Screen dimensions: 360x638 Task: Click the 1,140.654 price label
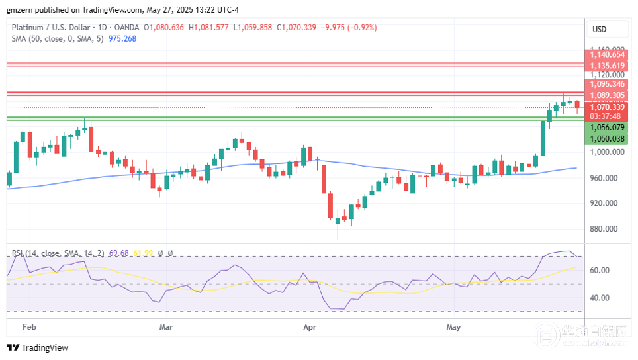(x=607, y=55)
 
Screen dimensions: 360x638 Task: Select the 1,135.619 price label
(x=607, y=66)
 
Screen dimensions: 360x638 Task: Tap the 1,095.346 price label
(x=607, y=84)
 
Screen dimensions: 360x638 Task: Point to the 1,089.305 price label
(x=607, y=95)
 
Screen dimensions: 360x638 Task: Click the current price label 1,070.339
(x=607, y=107)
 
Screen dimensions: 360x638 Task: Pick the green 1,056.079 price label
(x=607, y=128)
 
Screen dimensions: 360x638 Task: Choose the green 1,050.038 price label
(x=607, y=139)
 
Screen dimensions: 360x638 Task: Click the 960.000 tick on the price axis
(x=607, y=178)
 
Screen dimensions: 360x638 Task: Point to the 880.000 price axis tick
(x=607, y=229)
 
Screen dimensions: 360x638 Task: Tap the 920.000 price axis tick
(x=607, y=203)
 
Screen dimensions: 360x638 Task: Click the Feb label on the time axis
(x=28, y=327)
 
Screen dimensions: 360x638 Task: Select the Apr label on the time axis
(x=309, y=327)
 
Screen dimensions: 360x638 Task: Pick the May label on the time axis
(x=453, y=327)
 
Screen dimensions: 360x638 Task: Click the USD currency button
(x=599, y=30)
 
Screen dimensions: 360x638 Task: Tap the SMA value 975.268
(x=122, y=38)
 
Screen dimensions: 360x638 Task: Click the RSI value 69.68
(x=120, y=253)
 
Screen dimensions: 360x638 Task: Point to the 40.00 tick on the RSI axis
(x=600, y=298)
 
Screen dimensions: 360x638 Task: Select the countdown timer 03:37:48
(x=607, y=116)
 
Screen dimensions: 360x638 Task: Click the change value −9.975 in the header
(x=336, y=28)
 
